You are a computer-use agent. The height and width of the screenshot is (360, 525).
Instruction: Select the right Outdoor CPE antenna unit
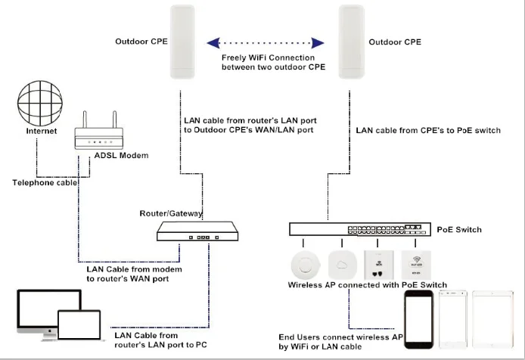pos(350,43)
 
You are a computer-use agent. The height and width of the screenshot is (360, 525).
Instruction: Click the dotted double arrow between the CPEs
pos(266,42)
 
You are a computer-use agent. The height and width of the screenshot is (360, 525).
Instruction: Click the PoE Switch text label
pos(459,229)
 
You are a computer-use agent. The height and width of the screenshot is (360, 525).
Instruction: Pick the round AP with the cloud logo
pos(343,265)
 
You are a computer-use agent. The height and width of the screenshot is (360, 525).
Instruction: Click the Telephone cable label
pos(43,182)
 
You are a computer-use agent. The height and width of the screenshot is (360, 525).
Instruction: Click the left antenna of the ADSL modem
pos(84,116)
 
